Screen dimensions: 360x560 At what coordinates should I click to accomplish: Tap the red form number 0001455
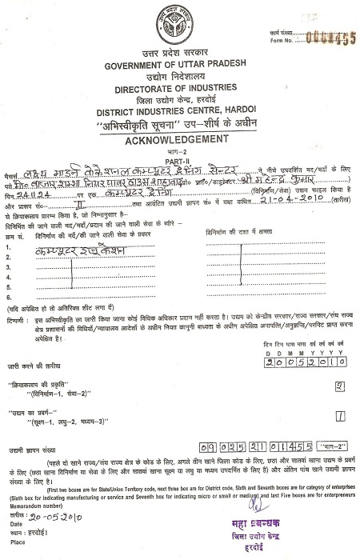328,17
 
